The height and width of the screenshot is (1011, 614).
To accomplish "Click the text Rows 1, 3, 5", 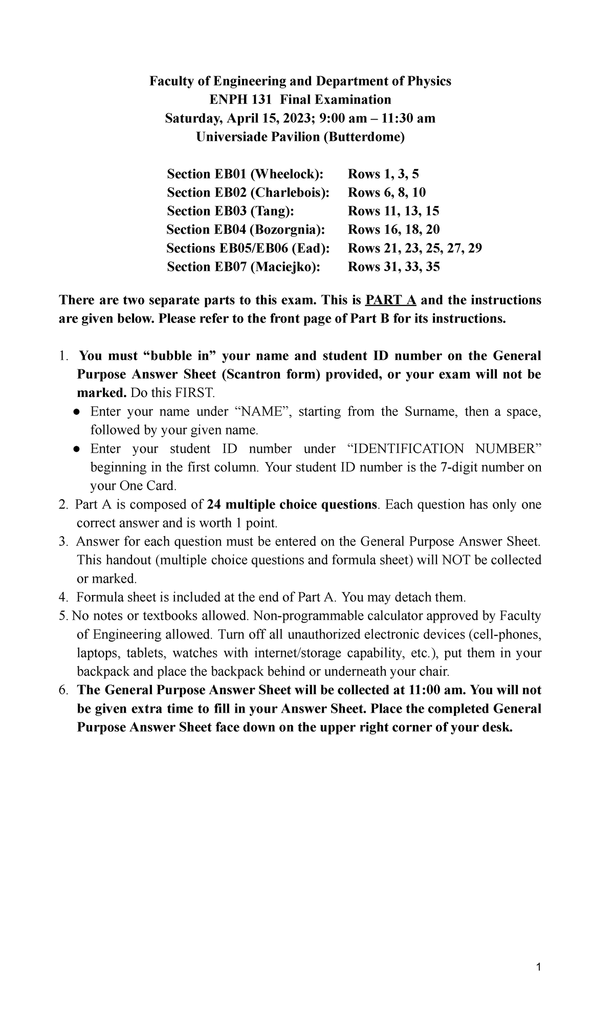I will click(383, 174).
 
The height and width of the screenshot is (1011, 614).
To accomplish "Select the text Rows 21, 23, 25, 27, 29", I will click(415, 248).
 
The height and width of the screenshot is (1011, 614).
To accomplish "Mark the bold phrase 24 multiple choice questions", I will click(292, 504).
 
